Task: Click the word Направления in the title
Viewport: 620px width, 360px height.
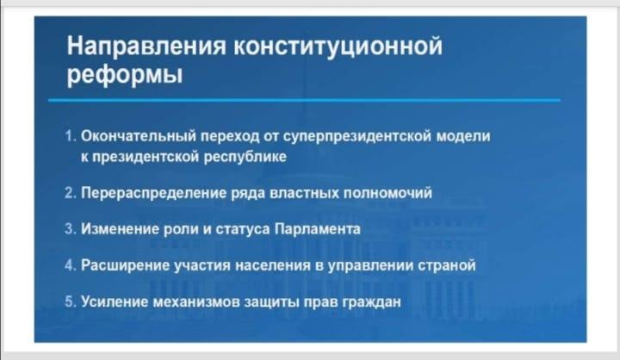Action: (146, 46)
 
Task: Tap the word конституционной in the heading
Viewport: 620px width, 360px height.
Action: (338, 46)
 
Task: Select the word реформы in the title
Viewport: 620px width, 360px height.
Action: (125, 74)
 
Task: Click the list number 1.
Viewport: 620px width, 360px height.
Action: (70, 136)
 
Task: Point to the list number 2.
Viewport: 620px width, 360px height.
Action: (70, 193)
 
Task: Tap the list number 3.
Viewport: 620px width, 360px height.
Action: (70, 229)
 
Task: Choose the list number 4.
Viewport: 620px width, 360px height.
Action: (70, 265)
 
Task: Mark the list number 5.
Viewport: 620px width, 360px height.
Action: (70, 301)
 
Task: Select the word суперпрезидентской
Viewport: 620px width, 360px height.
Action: (357, 137)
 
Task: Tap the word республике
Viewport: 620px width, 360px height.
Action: (245, 158)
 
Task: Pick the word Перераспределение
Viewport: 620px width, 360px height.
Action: (154, 194)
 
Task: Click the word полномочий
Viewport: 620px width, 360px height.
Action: (387, 193)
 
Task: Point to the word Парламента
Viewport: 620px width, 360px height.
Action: (318, 229)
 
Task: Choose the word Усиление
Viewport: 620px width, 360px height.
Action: (115, 301)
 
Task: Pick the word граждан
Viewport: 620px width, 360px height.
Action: (371, 302)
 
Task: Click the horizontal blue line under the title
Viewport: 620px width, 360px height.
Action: (304, 101)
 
